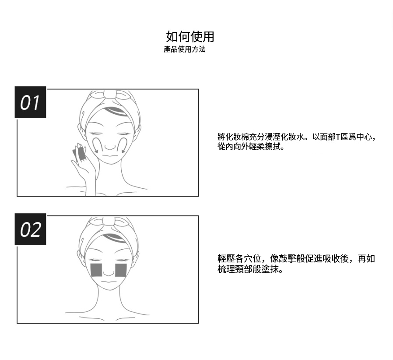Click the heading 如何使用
pyautogui.click(x=190, y=36)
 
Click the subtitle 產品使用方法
pyautogui.click(x=184, y=49)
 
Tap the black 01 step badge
pyautogui.click(x=30, y=102)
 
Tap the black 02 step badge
pyautogui.click(x=30, y=229)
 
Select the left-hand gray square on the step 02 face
pyautogui.click(x=96, y=270)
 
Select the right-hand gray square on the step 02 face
pyautogui.click(x=121, y=270)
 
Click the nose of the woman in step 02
pyautogui.click(x=109, y=272)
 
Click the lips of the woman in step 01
pyautogui.click(x=110, y=155)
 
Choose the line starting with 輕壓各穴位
pyautogui.click(x=296, y=259)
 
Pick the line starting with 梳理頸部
pyautogui.click(x=250, y=269)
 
